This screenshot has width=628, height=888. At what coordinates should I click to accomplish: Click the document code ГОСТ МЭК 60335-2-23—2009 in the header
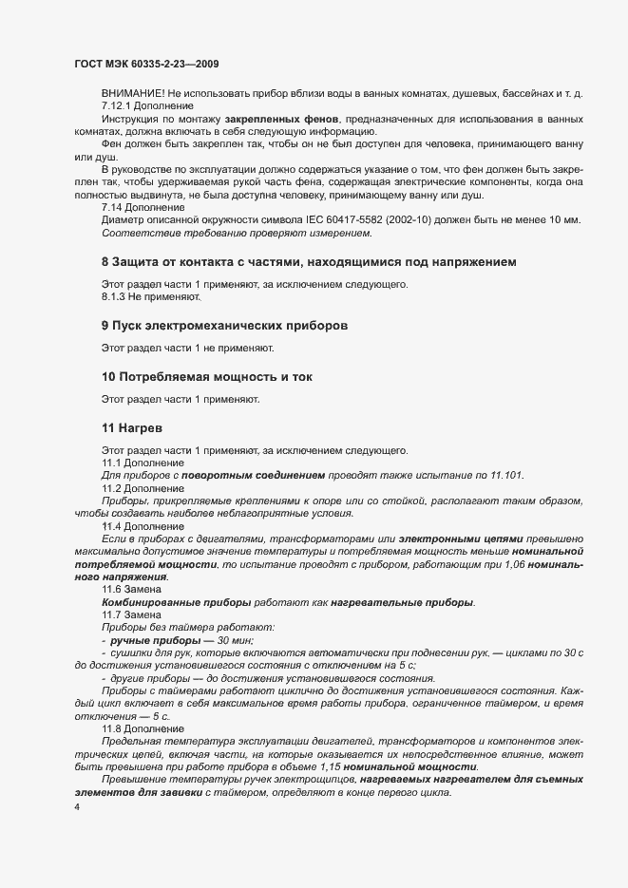click(x=147, y=64)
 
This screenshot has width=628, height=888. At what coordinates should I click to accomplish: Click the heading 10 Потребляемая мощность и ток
click(x=206, y=376)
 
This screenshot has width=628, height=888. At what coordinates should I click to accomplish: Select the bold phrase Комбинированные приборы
click(x=176, y=602)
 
